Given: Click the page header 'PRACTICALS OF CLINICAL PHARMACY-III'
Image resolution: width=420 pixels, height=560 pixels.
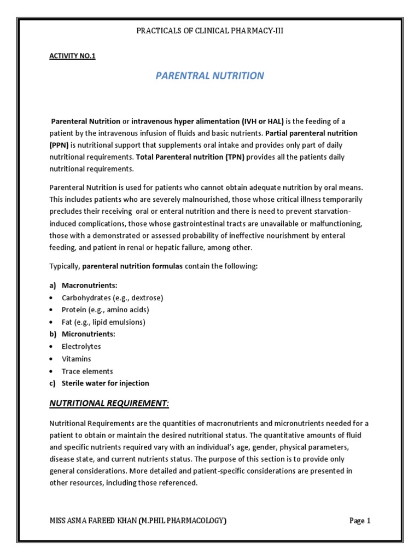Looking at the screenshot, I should [x=209, y=31].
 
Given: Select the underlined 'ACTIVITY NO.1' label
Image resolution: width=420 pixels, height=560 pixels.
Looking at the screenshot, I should [x=72, y=56].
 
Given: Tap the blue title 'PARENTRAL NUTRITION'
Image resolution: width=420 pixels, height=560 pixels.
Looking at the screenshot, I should [x=209, y=76].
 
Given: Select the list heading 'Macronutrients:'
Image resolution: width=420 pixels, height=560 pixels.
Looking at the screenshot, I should [x=90, y=285].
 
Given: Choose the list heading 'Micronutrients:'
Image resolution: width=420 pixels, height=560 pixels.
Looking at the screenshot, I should [x=89, y=334].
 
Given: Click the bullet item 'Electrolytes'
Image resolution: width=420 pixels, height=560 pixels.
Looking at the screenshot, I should [x=81, y=347].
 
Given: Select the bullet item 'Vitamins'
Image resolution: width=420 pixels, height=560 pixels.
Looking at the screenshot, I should [x=76, y=359].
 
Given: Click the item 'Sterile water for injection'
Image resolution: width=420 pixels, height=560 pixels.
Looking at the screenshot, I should [x=105, y=383].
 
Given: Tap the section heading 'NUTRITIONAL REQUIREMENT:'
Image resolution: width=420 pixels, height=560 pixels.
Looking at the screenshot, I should [x=109, y=404].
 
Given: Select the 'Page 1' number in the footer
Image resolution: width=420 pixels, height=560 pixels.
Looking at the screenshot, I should [x=360, y=521].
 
